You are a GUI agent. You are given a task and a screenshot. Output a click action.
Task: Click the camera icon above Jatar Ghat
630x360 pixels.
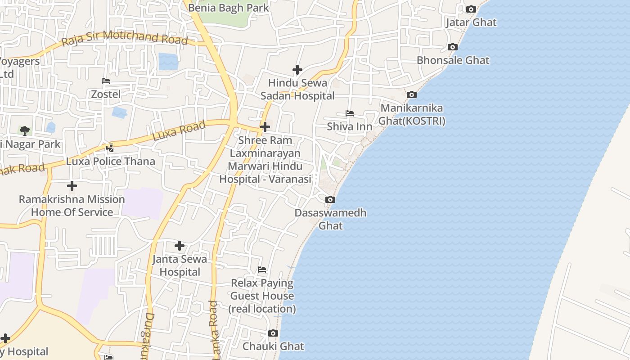[x=471, y=9]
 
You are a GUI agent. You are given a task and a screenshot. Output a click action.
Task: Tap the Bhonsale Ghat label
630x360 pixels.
[x=453, y=60]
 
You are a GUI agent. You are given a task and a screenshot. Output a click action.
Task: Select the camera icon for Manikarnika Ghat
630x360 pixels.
[x=411, y=94]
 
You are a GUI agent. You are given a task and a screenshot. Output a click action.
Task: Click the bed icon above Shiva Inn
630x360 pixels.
[x=349, y=113]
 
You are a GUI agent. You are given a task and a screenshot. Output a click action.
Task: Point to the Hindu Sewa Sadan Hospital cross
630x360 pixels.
[x=297, y=70]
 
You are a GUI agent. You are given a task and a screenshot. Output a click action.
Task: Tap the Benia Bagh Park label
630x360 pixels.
[x=228, y=8]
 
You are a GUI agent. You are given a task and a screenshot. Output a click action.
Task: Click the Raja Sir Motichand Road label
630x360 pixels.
[x=124, y=38]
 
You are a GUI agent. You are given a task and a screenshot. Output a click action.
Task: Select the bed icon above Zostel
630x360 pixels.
[x=106, y=81]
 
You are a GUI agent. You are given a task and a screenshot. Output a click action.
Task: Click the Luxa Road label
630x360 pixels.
[x=179, y=130]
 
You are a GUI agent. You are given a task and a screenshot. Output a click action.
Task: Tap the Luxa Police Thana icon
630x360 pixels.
[x=110, y=148]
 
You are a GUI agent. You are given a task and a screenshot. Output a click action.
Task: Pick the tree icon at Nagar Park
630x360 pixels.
[x=25, y=131]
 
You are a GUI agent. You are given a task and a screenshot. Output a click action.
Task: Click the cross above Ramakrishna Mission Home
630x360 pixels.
[x=72, y=185]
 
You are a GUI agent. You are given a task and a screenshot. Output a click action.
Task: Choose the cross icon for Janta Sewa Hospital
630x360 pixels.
[x=180, y=245]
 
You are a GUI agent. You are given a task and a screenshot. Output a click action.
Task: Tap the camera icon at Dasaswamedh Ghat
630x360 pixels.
[x=330, y=199]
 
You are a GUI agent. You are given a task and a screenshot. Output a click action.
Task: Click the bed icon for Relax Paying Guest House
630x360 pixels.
[x=262, y=270]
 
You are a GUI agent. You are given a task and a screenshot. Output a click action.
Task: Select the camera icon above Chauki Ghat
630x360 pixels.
[x=273, y=333]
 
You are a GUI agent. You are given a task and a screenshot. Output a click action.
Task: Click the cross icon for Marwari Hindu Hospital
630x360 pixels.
[x=265, y=127]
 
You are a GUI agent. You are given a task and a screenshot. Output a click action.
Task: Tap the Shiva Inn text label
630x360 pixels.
[x=349, y=126]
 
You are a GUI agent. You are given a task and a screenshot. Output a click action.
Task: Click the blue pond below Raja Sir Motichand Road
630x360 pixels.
[x=168, y=62]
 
